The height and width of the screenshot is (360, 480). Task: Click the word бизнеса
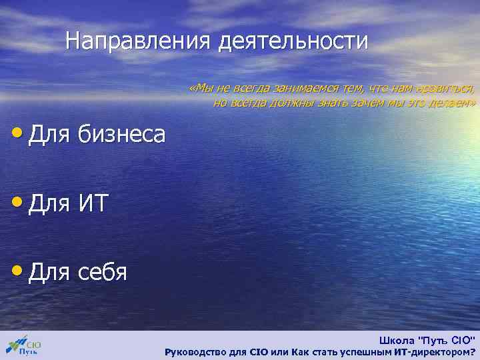pyautogui.click(x=121, y=134)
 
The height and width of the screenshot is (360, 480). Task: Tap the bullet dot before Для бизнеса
pyautogui.click(x=18, y=131)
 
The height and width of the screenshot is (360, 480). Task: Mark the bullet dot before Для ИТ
pyautogui.click(x=18, y=201)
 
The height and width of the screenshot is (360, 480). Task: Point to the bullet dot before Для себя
pyautogui.click(x=18, y=270)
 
